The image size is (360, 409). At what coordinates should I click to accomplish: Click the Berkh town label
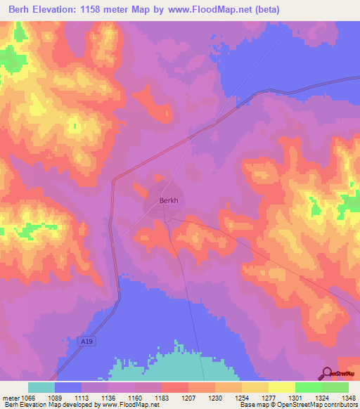tap(169, 200)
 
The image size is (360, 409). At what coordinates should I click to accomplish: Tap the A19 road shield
tap(84, 340)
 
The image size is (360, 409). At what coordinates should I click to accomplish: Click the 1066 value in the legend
tap(30, 397)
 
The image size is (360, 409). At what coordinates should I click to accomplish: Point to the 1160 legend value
tap(135, 397)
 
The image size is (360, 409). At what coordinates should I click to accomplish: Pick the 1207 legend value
tap(188, 397)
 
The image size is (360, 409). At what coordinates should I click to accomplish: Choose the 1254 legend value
tap(242, 397)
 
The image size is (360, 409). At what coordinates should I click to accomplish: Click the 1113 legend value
tap(82, 397)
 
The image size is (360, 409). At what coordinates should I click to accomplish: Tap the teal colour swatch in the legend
tap(41, 387)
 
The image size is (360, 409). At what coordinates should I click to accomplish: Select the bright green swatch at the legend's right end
tap(335, 387)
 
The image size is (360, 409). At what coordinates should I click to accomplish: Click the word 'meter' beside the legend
tap(10, 397)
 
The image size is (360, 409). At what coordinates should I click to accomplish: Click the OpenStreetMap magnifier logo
tap(325, 375)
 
